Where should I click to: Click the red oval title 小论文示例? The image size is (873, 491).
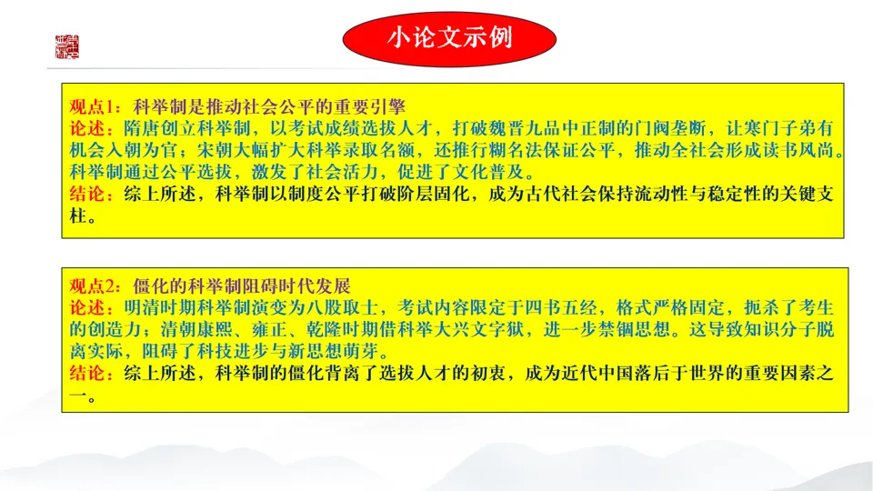coord(448,38)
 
